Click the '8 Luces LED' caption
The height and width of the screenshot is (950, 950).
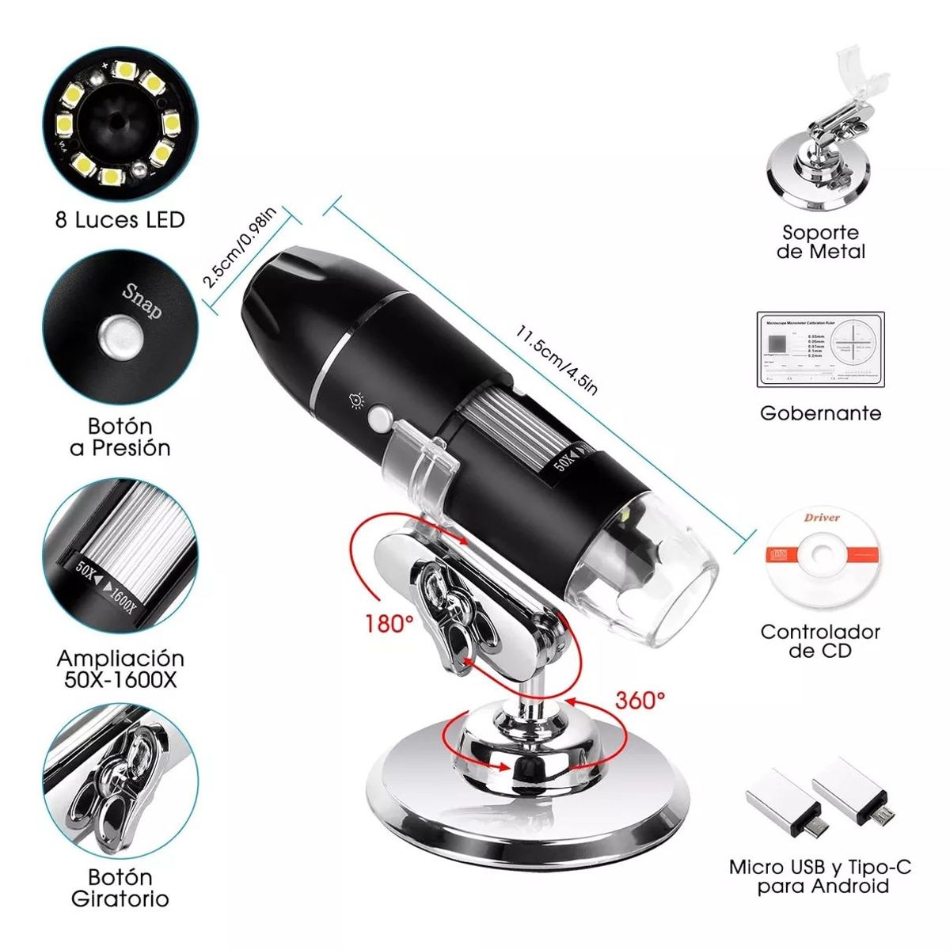(120, 219)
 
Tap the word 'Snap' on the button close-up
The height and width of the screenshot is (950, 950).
(142, 301)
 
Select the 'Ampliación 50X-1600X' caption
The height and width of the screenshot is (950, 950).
(120, 669)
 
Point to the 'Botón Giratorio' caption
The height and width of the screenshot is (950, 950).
(120, 887)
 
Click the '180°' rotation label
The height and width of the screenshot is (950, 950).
(389, 623)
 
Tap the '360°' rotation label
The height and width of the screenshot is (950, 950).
(640, 700)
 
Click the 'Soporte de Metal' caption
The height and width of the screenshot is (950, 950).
(820, 242)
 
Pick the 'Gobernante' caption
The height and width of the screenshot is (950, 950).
(820, 412)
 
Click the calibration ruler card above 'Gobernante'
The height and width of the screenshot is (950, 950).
(820, 349)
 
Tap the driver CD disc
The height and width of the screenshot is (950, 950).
(820, 554)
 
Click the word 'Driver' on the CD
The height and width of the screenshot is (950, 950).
(822, 518)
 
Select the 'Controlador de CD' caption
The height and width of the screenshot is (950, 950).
(820, 641)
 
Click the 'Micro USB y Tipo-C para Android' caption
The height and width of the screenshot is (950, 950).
(820, 876)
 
